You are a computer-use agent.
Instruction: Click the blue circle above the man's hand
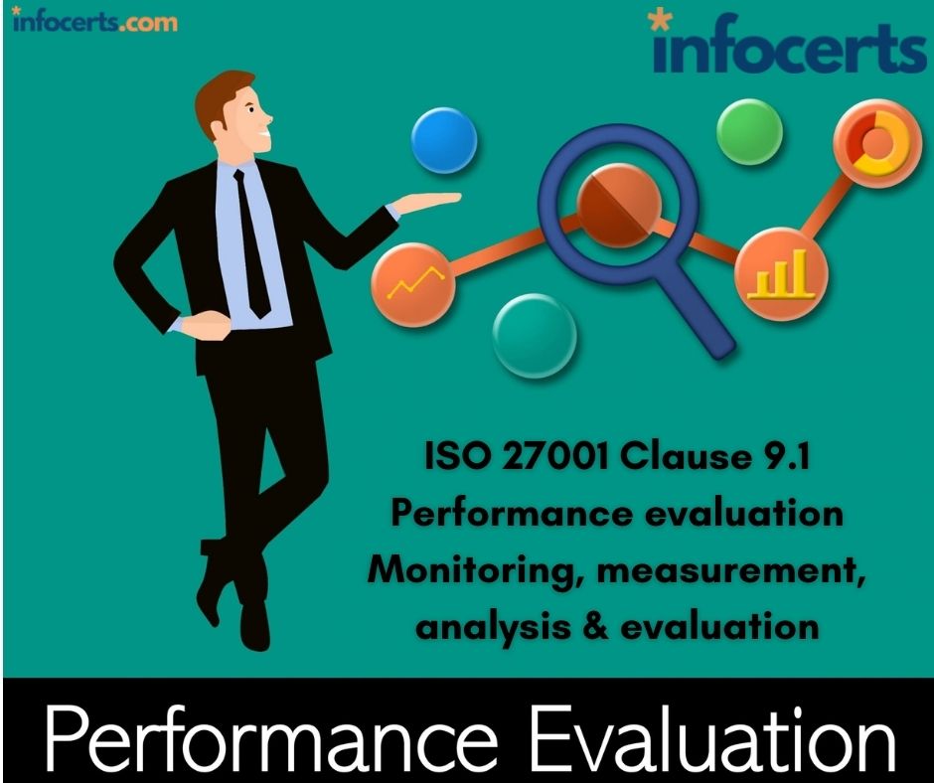pyautogui.click(x=444, y=141)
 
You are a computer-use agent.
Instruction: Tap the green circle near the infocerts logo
pyautogui.click(x=749, y=132)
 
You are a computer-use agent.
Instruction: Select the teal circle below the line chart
pyautogui.click(x=535, y=336)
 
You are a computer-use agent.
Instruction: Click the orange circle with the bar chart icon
pyautogui.click(x=781, y=274)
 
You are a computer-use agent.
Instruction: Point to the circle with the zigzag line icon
pyautogui.click(x=413, y=284)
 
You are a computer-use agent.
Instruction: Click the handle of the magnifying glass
pyautogui.click(x=702, y=315)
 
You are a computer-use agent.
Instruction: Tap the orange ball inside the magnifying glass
pyautogui.click(x=619, y=205)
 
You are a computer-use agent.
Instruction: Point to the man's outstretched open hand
pyautogui.click(x=426, y=202)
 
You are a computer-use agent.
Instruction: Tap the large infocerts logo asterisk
pyautogui.click(x=660, y=20)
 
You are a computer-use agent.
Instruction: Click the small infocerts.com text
pyautogui.click(x=94, y=21)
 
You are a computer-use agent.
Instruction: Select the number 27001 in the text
pyautogui.click(x=555, y=457)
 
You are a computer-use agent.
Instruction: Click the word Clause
pyautogui.click(x=686, y=456)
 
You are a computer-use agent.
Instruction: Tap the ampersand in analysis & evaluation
pyautogui.click(x=595, y=627)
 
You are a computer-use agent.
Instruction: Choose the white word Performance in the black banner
pyautogui.click(x=271, y=738)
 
